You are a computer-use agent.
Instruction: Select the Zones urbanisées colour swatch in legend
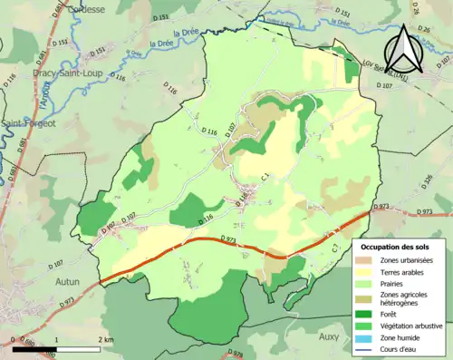tap(368, 259)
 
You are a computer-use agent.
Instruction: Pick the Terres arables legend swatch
tap(368, 270)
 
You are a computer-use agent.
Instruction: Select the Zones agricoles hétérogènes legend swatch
tap(368, 297)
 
